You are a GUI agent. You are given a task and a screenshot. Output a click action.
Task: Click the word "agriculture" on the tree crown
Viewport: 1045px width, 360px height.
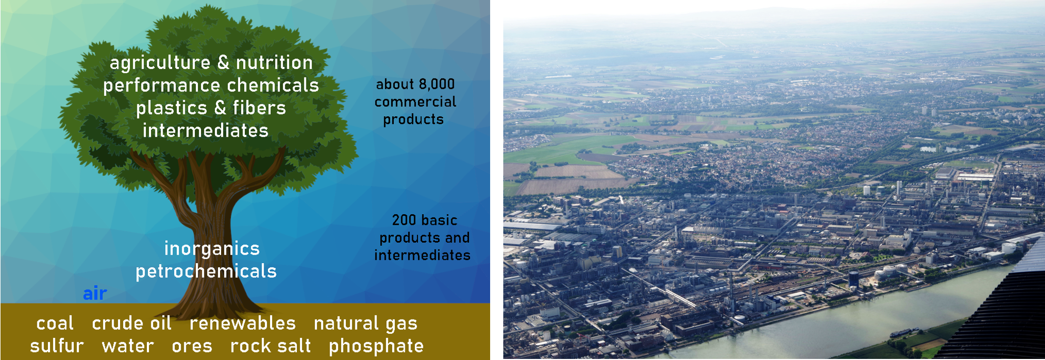160,63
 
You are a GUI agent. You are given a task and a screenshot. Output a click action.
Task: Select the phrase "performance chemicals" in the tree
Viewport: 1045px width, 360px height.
211,85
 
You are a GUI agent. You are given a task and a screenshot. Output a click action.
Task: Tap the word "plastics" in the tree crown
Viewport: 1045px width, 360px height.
172,108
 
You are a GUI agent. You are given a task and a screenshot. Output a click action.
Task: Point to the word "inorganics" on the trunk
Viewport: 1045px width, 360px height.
212,248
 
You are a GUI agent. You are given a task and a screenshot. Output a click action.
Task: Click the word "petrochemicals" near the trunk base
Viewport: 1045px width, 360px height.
206,272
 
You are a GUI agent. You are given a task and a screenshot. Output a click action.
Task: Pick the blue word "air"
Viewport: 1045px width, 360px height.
95,293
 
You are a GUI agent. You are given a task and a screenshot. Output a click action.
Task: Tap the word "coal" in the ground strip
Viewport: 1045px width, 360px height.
55,323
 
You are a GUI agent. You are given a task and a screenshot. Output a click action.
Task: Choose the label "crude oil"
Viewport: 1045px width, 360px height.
132,323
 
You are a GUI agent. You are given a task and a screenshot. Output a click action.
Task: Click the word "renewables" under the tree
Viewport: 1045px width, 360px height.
243,323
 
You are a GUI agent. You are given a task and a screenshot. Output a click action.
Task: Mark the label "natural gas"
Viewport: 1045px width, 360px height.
366,324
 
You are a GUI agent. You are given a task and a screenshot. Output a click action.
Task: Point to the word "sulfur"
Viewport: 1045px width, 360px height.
57,346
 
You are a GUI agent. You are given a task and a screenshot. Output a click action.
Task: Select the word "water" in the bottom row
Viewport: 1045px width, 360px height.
128,346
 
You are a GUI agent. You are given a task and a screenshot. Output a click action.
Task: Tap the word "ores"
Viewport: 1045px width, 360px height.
192,346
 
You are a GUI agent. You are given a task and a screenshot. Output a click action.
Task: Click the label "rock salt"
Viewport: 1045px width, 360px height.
271,346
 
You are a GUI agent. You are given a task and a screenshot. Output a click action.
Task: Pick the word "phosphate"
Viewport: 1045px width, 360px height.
376,346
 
